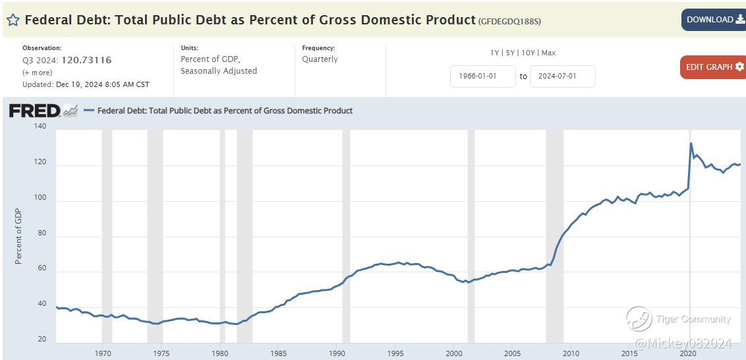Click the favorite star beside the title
point(13,20)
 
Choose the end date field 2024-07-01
point(562,76)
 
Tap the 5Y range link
point(511,53)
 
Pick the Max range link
point(548,53)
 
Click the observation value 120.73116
point(86,60)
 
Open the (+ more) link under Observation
point(37,73)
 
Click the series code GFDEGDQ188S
point(509,20)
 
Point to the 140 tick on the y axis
point(40,126)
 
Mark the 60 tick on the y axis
point(42,268)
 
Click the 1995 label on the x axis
point(395,353)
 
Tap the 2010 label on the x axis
point(571,353)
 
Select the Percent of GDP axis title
point(18,236)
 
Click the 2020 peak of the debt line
point(691,143)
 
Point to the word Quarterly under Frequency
point(320,59)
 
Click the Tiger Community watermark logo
point(639,319)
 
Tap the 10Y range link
point(529,53)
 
